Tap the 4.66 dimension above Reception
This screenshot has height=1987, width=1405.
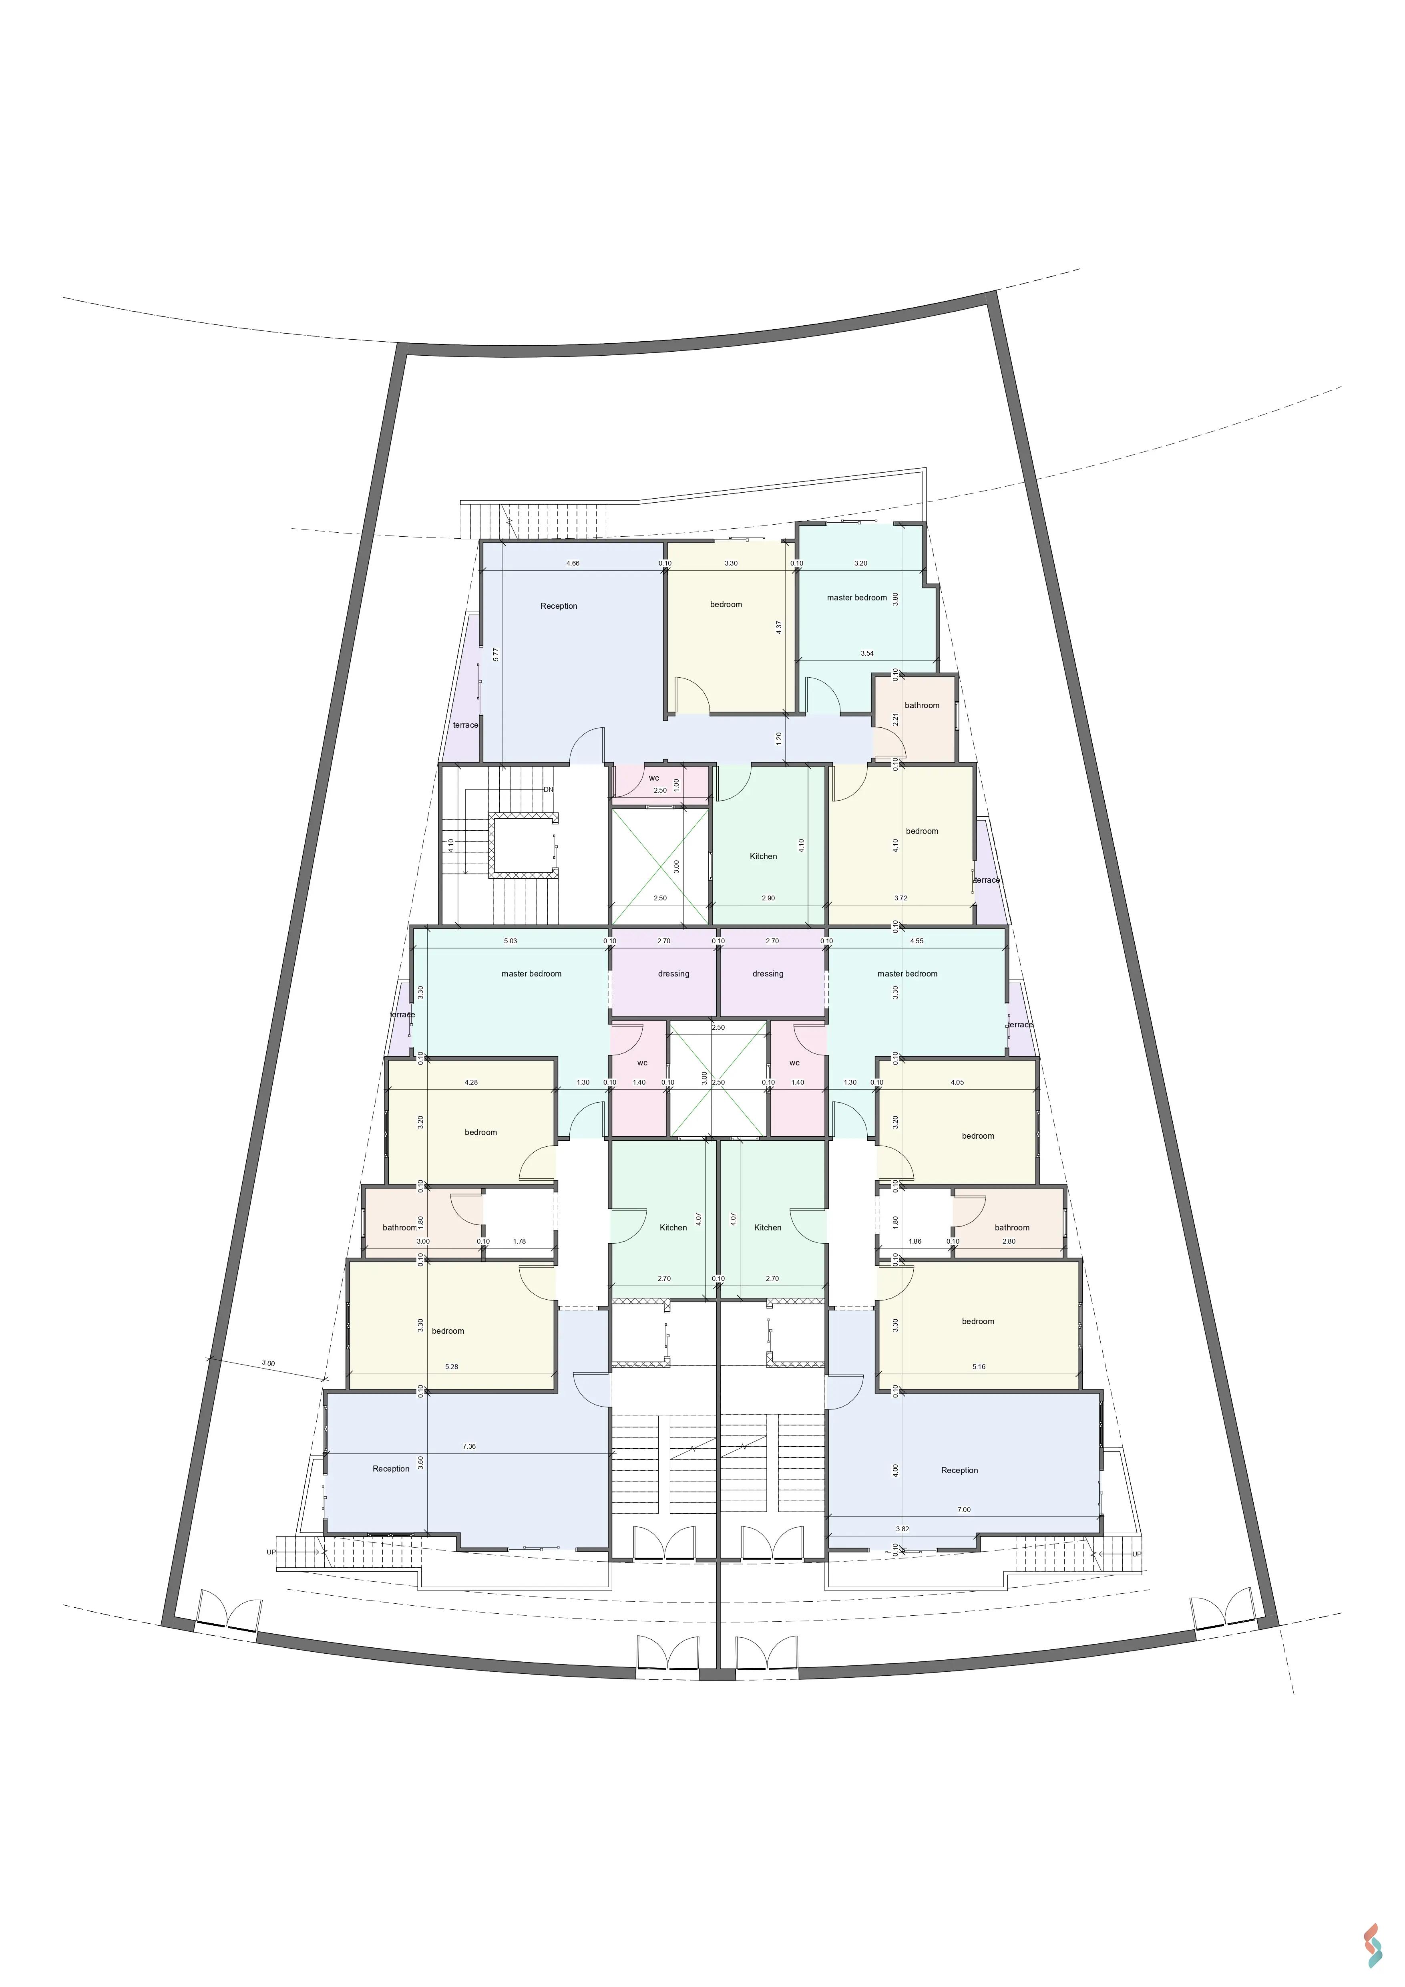573,564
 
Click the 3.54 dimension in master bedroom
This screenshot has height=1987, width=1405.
867,653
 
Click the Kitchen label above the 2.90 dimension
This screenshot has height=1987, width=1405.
763,856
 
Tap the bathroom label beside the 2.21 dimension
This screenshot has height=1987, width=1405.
922,705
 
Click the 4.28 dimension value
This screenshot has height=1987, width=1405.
470,1082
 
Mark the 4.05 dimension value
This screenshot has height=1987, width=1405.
957,1082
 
